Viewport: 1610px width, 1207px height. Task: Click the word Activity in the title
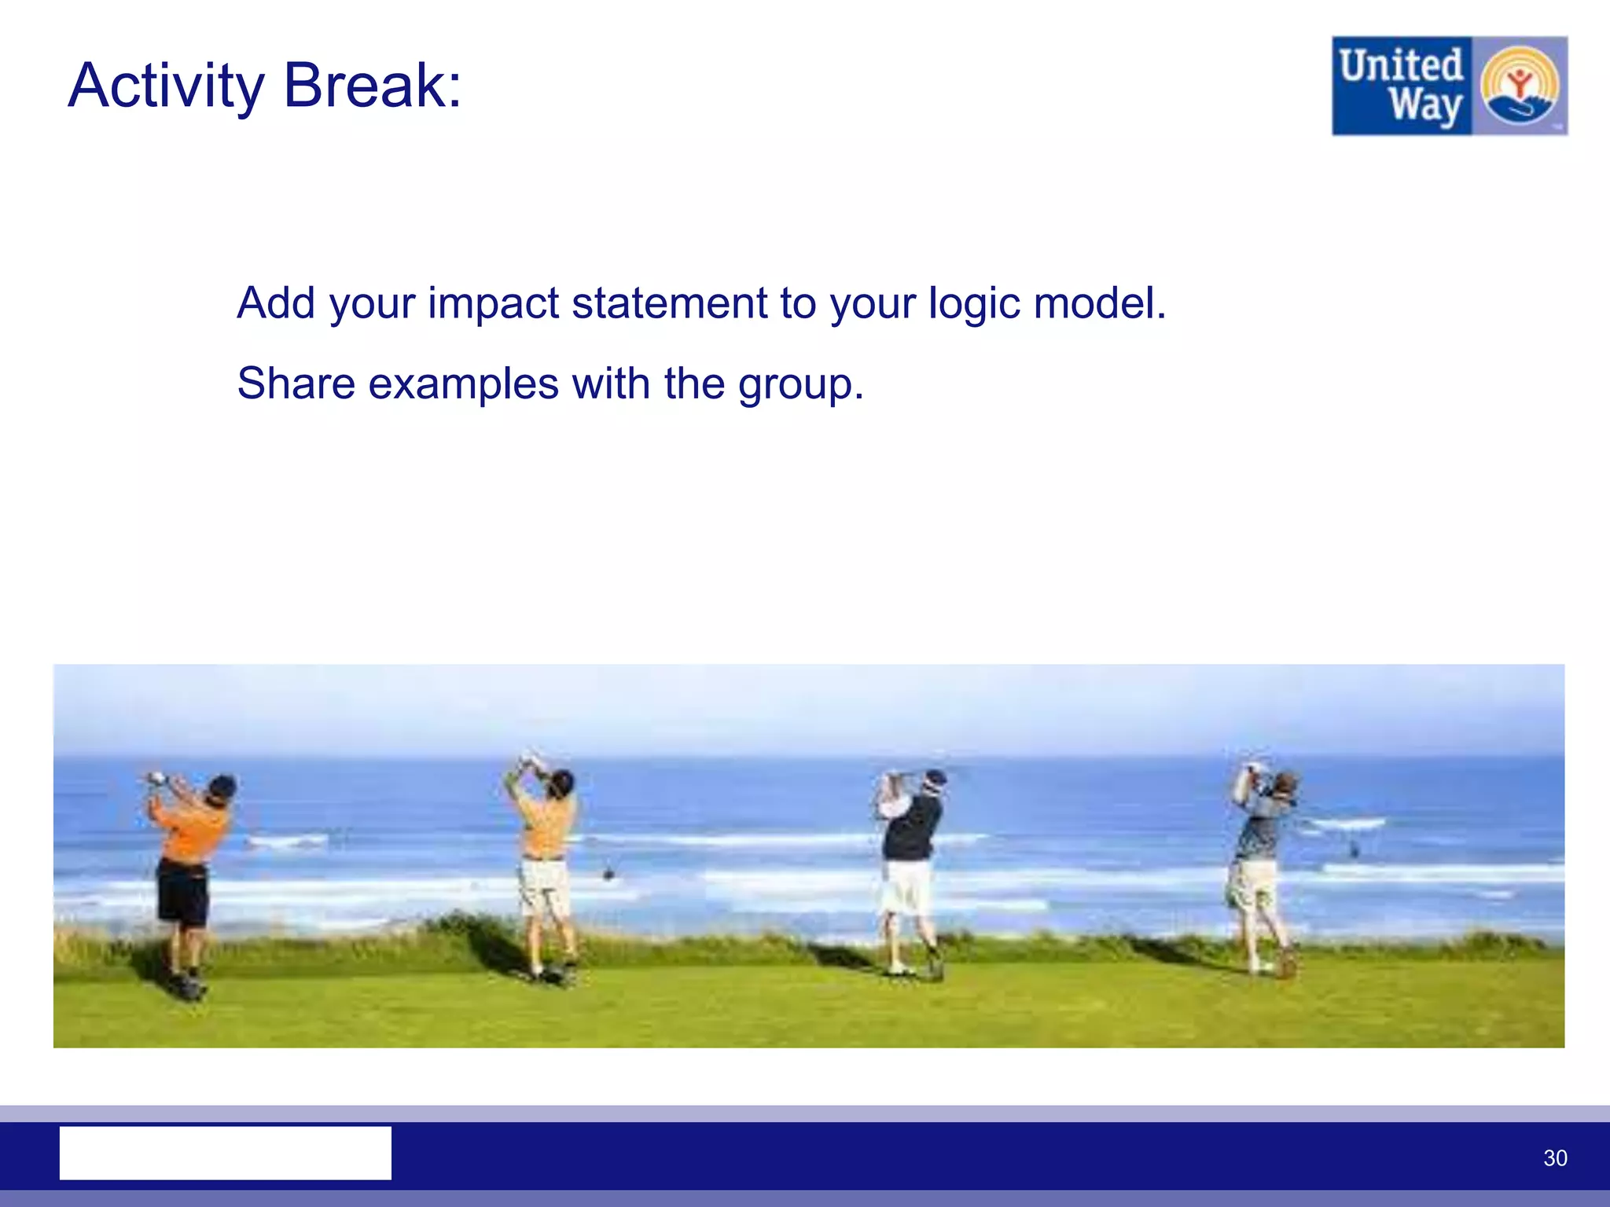167,86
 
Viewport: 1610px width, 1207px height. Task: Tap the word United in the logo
1401,64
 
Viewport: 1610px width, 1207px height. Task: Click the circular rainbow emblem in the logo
1519,85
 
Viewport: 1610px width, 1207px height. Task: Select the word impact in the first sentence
493,303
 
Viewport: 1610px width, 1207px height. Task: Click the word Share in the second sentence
296,383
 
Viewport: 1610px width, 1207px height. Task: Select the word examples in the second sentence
464,385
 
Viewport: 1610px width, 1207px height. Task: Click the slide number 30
1555,1157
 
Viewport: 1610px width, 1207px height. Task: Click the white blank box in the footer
226,1153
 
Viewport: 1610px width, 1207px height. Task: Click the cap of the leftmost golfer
222,784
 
